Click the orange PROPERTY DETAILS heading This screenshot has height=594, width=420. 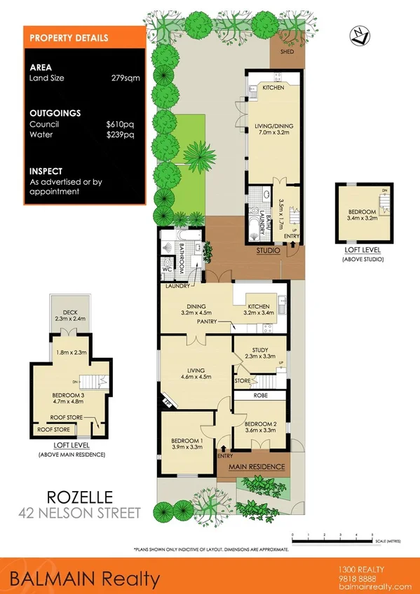(68, 38)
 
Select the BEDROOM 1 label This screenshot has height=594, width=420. (188, 441)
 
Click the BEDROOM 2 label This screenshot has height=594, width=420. (259, 424)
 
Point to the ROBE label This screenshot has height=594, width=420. (259, 395)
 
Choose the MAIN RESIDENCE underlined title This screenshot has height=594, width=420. (257, 467)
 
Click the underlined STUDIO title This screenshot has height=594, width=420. (268, 250)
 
